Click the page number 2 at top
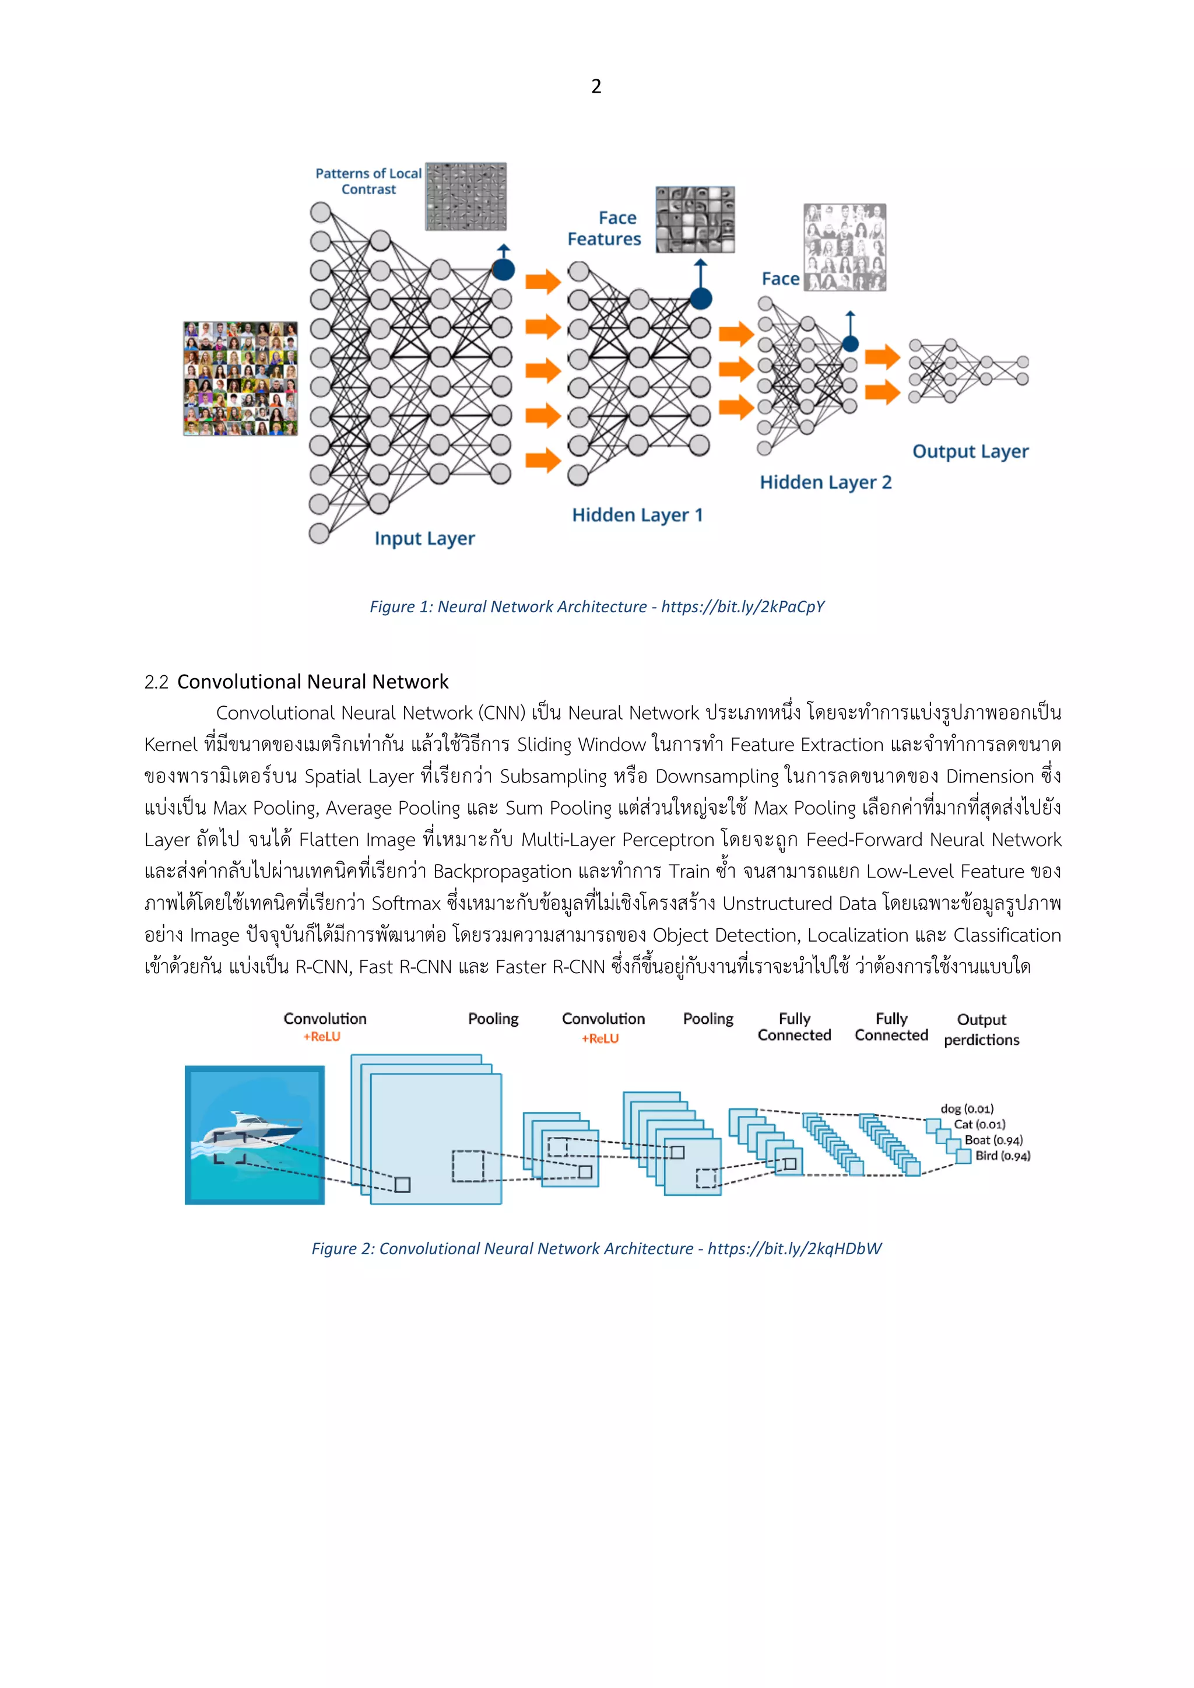(x=596, y=87)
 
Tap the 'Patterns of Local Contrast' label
(x=368, y=181)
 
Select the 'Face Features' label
(x=605, y=228)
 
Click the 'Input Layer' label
(x=424, y=538)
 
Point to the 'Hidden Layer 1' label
(x=637, y=515)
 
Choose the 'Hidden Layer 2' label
(x=826, y=482)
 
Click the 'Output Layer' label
(x=971, y=451)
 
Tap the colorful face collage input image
(x=240, y=378)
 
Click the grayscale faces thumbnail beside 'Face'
(x=845, y=247)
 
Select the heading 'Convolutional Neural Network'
(x=312, y=682)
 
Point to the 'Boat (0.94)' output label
(x=993, y=1140)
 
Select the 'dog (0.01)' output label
(x=967, y=1108)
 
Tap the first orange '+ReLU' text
(x=321, y=1037)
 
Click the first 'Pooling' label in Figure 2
(x=493, y=1019)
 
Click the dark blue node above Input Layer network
(x=503, y=270)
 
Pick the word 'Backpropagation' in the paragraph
(x=502, y=872)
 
